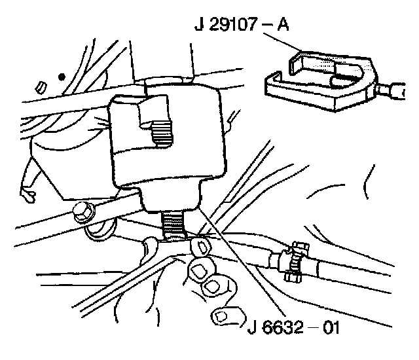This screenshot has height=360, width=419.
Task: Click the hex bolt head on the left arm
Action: (84, 212)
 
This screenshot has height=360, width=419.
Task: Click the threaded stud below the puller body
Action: (176, 224)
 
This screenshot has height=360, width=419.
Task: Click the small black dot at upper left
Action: (62, 77)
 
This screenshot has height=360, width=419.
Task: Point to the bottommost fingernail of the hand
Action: (224, 317)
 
